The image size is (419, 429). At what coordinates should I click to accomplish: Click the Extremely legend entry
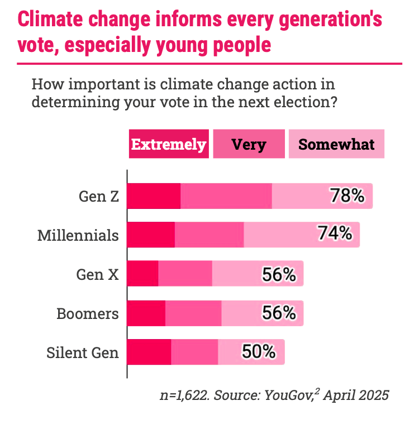169,144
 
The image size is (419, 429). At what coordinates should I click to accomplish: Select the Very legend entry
249,144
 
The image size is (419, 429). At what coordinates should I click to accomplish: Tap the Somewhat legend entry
336,144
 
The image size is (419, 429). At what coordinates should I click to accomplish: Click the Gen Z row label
99,197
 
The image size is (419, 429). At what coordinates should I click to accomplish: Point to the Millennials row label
78,235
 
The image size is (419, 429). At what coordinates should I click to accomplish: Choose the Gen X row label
98,274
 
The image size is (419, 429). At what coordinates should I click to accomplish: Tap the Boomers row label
88,313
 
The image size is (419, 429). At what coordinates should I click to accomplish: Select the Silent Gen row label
83,352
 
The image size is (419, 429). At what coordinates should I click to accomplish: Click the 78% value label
347,196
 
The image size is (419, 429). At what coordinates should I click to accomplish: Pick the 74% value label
335,234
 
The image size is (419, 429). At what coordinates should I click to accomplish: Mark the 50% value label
259,352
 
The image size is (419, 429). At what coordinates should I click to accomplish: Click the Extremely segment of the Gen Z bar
154,196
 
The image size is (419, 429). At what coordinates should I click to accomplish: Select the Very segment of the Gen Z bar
226,196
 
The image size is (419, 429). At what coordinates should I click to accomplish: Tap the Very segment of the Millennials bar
209,235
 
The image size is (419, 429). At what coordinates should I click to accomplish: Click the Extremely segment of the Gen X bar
143,274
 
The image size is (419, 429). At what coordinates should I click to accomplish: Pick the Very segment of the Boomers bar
193,313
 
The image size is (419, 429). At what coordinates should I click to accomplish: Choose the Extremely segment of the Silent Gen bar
149,352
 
